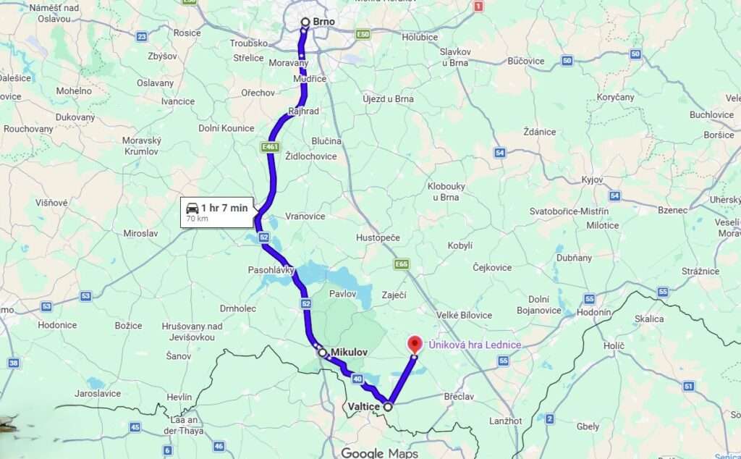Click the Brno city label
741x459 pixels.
[323, 22]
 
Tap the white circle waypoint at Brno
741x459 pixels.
[305, 22]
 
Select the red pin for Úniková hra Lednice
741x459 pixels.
[415, 344]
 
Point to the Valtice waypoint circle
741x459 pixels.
[389, 407]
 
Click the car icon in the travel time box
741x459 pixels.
[192, 209]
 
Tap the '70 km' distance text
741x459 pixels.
[197, 218]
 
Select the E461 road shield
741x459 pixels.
[270, 147]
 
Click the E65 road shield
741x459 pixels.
[402, 264]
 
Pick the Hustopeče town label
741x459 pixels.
[378, 237]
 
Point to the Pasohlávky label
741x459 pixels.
[271, 270]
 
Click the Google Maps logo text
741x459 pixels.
[379, 452]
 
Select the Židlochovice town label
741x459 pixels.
[311, 156]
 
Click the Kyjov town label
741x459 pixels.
[593, 179]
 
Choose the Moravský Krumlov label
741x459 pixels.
[141, 146]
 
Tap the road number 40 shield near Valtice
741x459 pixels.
[357, 379]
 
